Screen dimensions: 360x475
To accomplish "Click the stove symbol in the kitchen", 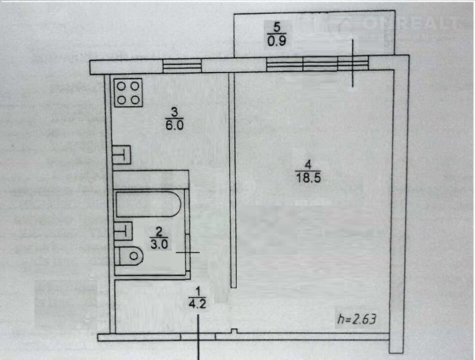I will pos(128,93).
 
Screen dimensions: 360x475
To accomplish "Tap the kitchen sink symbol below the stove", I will pos(122,154).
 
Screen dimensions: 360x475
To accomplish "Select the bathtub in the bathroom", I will pos(148,205).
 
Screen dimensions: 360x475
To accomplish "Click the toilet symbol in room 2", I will pos(130,256).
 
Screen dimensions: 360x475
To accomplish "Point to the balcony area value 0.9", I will pos(277,42).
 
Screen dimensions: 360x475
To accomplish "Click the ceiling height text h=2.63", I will pos(357,318).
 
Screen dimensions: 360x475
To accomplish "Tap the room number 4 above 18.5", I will pos(308,163).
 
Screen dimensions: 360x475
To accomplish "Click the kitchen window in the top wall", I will pos(183,66).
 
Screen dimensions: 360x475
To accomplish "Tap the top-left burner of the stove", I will pos(122,86).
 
